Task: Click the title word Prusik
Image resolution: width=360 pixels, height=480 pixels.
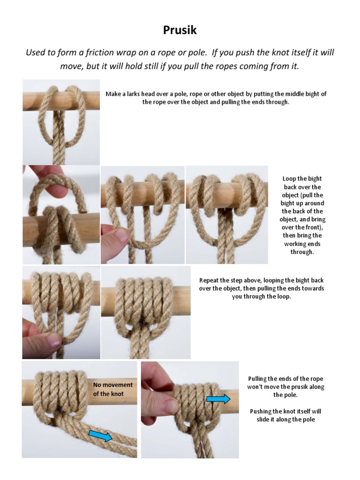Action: pos(180,30)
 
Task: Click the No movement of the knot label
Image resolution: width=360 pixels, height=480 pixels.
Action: pos(112,389)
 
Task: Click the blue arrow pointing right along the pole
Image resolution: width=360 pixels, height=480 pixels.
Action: pos(218,399)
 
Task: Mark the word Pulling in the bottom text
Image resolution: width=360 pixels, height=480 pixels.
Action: pos(259,379)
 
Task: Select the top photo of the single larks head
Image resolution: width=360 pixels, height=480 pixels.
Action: pos(61,121)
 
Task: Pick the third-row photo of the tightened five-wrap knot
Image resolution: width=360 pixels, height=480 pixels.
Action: pos(145,312)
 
